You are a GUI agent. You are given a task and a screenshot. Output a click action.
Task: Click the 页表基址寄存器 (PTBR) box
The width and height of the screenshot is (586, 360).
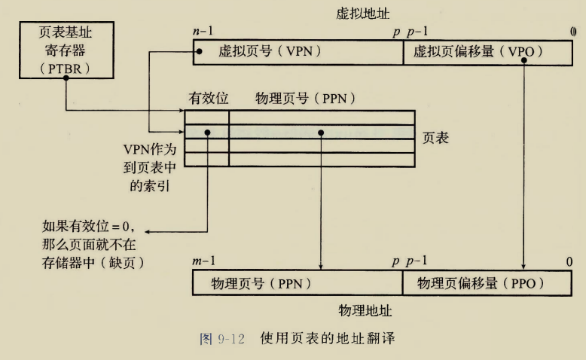[x=66, y=50]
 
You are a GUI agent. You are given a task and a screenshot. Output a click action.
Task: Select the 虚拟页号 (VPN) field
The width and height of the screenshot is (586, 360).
[x=297, y=53]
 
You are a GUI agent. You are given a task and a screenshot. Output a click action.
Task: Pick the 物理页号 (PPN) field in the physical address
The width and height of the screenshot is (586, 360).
[x=297, y=283]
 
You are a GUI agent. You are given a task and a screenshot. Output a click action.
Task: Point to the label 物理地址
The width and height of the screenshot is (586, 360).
[x=365, y=310]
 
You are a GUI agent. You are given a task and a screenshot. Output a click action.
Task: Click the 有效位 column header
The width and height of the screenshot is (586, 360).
[x=208, y=99]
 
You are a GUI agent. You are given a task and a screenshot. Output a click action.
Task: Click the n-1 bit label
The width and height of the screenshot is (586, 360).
[x=203, y=33]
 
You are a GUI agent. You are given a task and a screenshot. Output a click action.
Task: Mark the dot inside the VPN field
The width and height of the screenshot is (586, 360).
[x=199, y=53]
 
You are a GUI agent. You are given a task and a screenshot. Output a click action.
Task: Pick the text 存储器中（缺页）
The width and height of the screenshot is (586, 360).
[x=95, y=261]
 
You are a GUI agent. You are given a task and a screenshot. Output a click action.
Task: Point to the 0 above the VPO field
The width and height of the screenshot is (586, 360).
[x=572, y=33]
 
